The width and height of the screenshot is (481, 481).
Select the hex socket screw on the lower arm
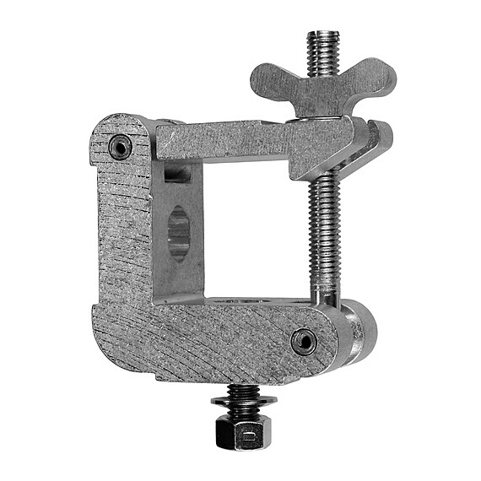[303, 341]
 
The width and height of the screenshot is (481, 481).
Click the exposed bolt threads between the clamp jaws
[325, 228]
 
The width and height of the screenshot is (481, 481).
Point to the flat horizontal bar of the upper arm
[228, 139]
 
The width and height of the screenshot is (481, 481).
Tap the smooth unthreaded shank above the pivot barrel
[325, 287]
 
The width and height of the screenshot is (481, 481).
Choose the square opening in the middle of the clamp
[253, 228]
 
